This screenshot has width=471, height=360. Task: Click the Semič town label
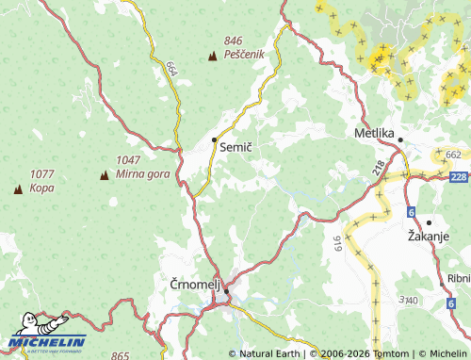coord(235,148)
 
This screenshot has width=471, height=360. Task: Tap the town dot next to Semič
coord(215,139)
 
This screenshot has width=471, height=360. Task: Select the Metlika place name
coord(373,133)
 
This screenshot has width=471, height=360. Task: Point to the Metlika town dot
coord(400,140)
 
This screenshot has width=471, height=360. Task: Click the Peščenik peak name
coord(245,56)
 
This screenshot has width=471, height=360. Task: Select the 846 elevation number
coord(234,41)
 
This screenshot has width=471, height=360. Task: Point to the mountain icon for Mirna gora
coord(104,174)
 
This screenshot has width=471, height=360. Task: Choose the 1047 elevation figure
coord(128,160)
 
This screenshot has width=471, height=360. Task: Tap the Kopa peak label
coord(41,188)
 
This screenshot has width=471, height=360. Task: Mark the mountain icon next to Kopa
coord(18,188)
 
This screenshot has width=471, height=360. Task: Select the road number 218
coord(379,170)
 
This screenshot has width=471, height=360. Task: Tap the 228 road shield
coord(459,176)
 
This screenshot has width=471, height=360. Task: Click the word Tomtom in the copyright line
coord(392,353)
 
